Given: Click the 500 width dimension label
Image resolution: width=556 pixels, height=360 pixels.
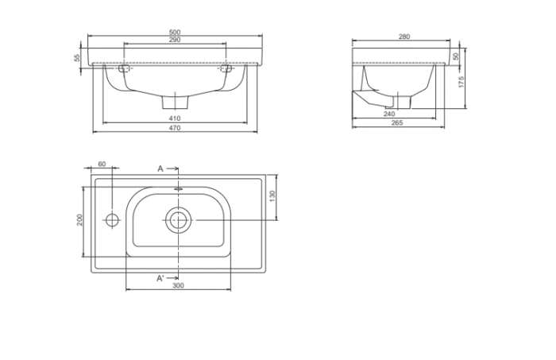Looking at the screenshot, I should tap(174, 33).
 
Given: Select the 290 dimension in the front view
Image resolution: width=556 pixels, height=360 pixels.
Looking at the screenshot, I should tap(174, 40).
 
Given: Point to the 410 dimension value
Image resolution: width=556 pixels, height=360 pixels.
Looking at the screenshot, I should tap(174, 119).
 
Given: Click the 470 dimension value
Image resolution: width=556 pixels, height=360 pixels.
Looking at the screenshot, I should tap(174, 128).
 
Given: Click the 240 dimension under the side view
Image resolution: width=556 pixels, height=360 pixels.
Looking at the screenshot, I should tap(388, 114).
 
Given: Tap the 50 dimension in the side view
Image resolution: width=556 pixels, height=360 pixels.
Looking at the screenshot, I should tap(457, 56).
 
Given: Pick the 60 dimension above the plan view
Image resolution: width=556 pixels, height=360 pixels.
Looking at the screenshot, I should tap(102, 164).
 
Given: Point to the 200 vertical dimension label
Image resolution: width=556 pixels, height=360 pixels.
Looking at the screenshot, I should tap(79, 219).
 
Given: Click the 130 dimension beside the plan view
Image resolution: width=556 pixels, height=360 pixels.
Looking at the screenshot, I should tap(272, 196).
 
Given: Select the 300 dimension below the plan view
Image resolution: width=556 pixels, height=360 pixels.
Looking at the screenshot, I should tap(178, 285).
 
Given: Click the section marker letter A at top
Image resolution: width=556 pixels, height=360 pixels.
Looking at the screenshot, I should tap(160, 168).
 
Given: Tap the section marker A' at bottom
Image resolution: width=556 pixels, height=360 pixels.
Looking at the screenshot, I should tap(160, 277).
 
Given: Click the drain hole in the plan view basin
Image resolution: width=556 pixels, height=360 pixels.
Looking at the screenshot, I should tap(178, 219).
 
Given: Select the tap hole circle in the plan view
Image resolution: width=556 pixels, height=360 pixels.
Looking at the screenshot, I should tap(112, 219).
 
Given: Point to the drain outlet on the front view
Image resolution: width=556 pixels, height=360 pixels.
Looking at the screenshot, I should tap(174, 103).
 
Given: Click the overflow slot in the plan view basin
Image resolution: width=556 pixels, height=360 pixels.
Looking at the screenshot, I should tap(178, 191).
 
